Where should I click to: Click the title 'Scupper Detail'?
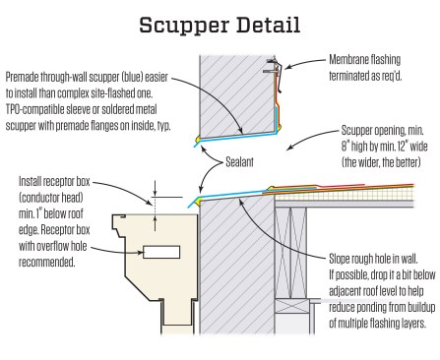220,26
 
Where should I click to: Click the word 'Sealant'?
239,162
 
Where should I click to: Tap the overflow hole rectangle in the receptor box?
161,252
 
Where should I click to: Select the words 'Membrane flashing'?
364,60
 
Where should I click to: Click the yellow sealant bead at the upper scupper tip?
198,140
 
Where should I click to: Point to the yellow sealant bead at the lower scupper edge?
197,202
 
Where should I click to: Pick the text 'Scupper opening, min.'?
382,131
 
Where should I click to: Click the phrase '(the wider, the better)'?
381,162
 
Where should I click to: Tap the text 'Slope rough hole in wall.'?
373,259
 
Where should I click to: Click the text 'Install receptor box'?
54,181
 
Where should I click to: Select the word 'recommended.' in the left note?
47,262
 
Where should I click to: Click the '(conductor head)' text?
51,198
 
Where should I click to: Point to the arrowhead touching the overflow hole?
141,253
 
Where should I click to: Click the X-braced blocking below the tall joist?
291,308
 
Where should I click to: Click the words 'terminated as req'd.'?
365,76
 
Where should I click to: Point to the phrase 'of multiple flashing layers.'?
377,324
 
